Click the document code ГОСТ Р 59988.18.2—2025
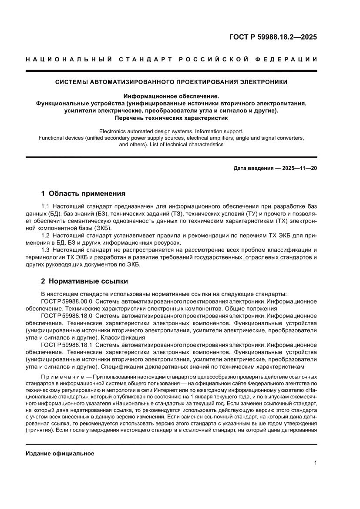pos(273,37)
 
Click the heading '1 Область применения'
pos(83,193)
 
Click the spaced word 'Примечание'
pos(59,376)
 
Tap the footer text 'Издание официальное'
pos(60,453)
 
